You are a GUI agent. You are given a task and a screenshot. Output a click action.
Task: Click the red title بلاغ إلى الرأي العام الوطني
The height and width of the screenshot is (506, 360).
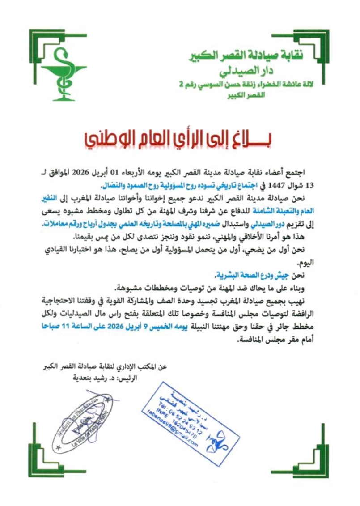178,138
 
